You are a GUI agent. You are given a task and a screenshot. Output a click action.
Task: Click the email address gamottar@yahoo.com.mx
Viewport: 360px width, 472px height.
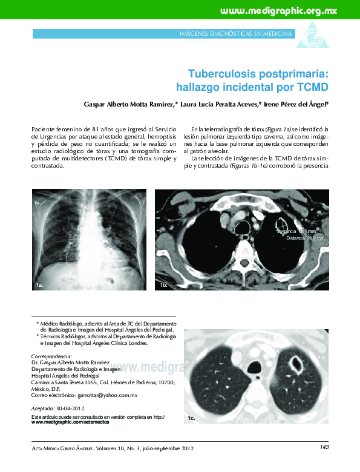click(x=104, y=395)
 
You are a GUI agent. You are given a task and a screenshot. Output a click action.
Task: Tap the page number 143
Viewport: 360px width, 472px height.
click(x=324, y=447)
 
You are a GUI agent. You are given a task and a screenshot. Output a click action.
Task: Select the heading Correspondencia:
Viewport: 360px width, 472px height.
click(x=51, y=356)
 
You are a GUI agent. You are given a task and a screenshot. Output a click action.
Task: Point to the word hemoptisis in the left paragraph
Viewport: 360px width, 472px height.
click(x=151, y=137)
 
